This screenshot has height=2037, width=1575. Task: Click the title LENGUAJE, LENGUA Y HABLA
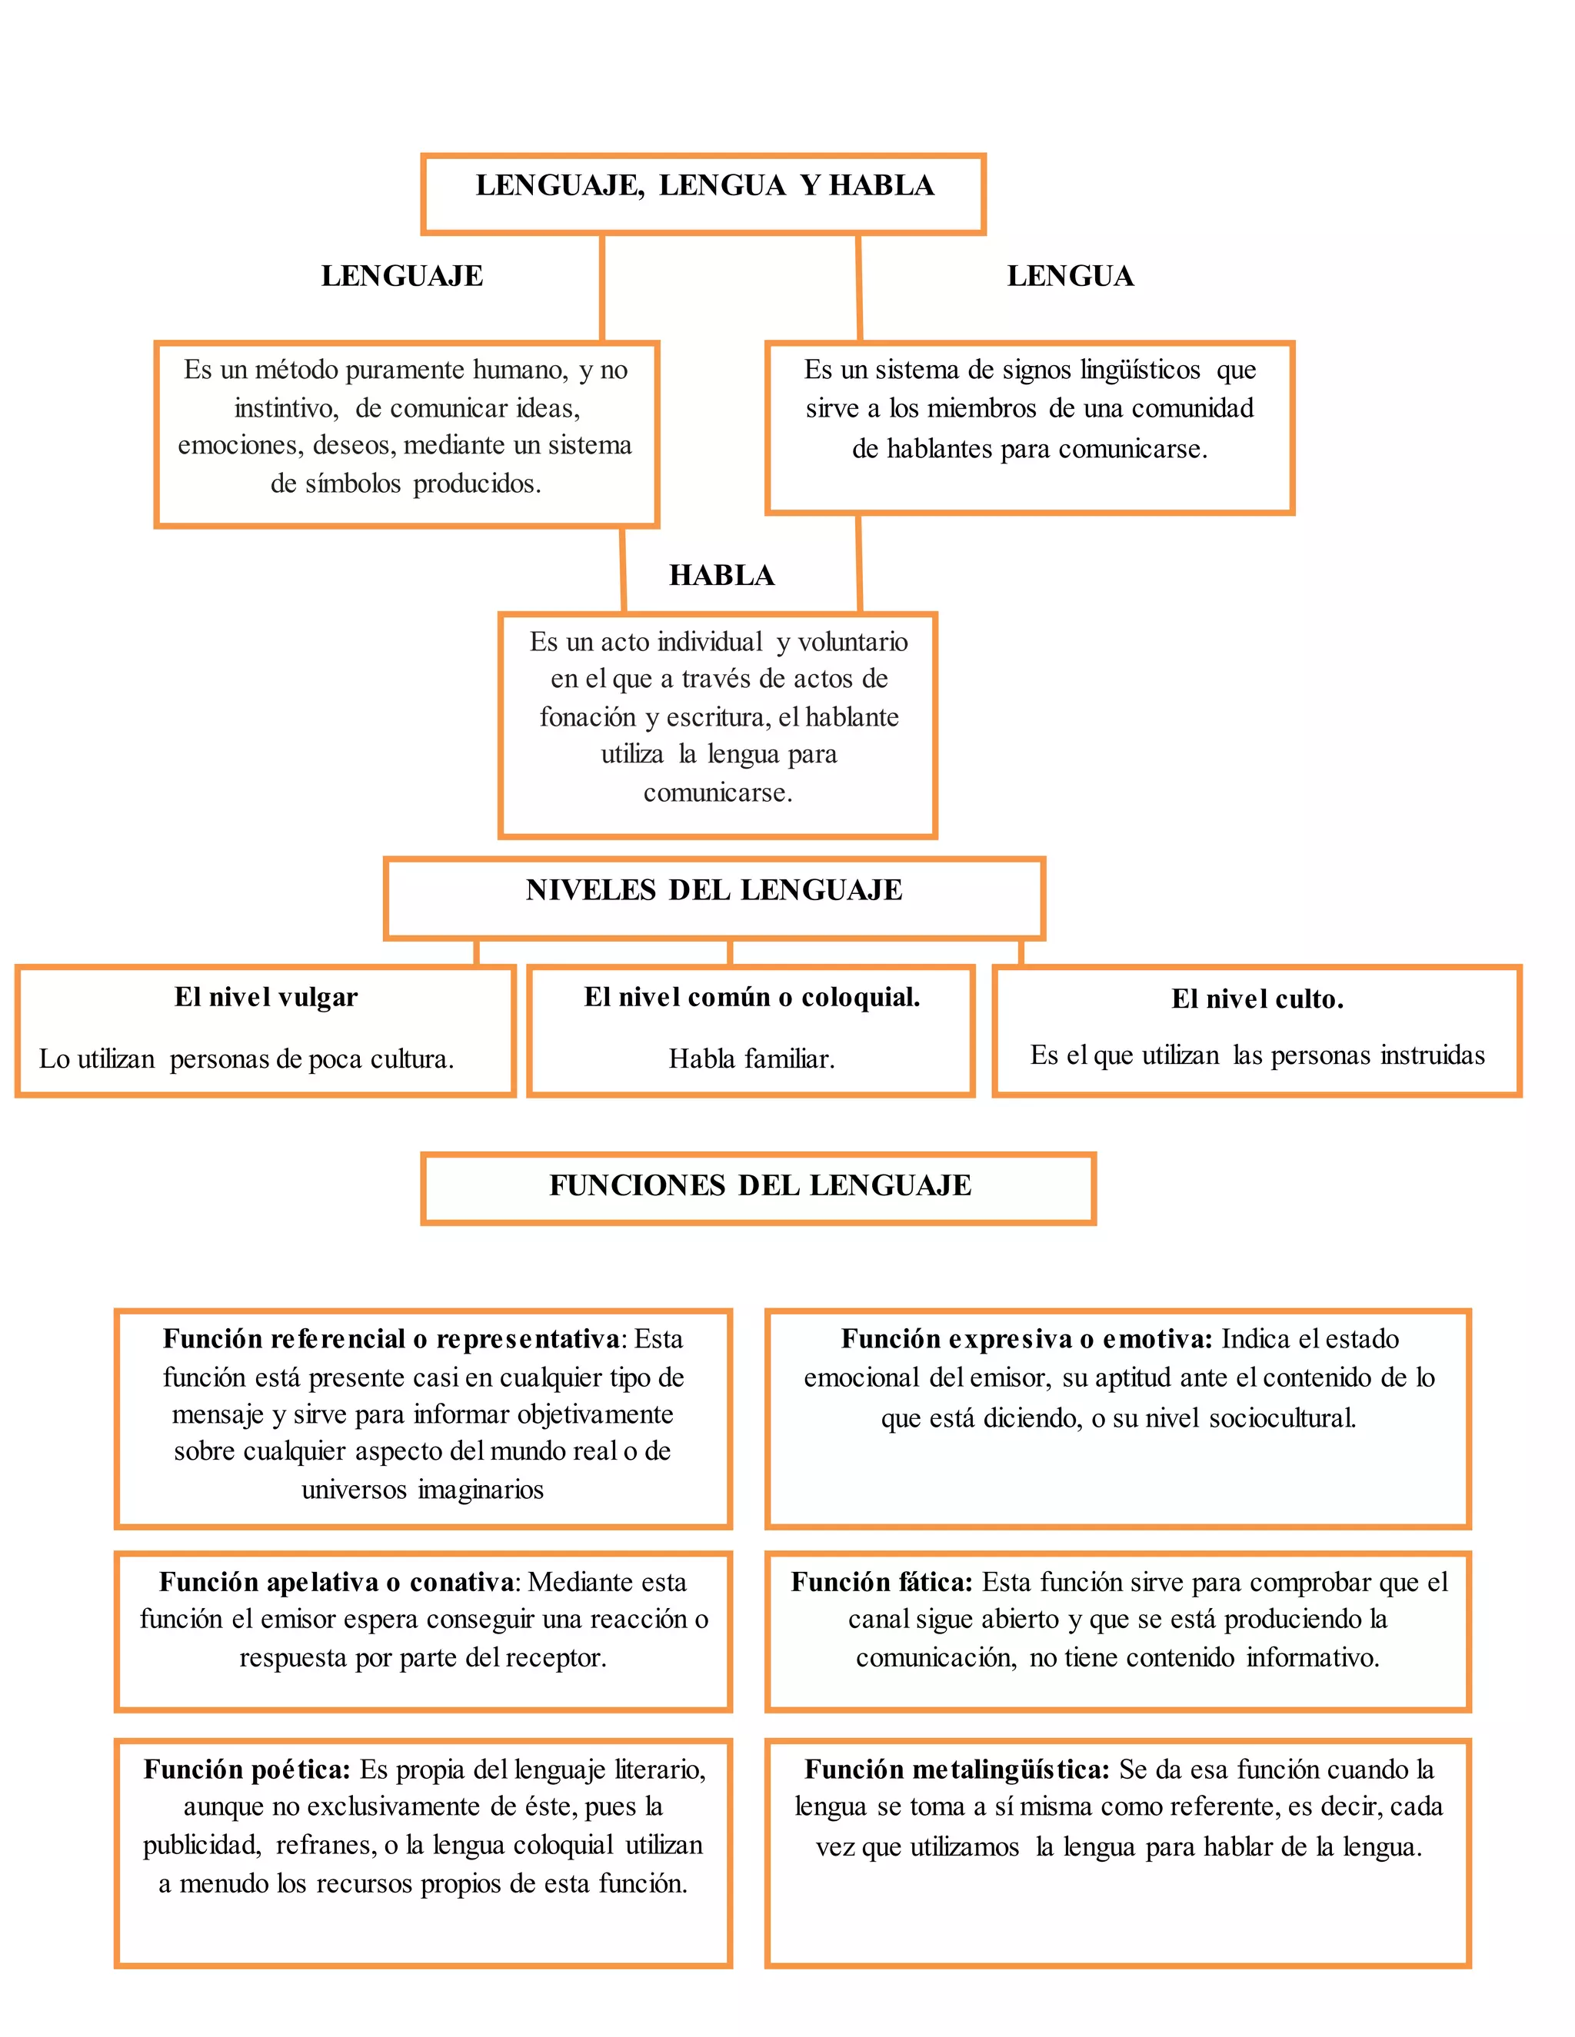pyautogui.click(x=704, y=185)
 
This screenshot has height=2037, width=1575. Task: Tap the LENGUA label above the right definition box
pyautogui.click(x=1071, y=276)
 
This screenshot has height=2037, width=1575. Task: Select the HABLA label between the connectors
pyautogui.click(x=721, y=576)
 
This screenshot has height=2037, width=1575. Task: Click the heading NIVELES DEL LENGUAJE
pyautogui.click(x=714, y=890)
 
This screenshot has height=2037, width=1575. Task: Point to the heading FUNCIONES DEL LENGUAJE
pyautogui.click(x=760, y=1185)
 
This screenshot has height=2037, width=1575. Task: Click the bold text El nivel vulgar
pyautogui.click(x=266, y=997)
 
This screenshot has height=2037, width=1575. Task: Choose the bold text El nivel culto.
pyautogui.click(x=1257, y=999)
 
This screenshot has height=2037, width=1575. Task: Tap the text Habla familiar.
pyautogui.click(x=751, y=1058)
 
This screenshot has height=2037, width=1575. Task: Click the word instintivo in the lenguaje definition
pyautogui.click(x=285, y=408)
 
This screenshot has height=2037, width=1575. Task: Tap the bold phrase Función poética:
pyautogui.click(x=246, y=1770)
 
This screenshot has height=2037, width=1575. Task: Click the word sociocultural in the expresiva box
pyautogui.click(x=1282, y=1419)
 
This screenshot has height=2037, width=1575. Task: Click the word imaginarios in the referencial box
pyautogui.click(x=481, y=1490)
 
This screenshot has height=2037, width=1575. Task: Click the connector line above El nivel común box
pyautogui.click(x=730, y=952)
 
